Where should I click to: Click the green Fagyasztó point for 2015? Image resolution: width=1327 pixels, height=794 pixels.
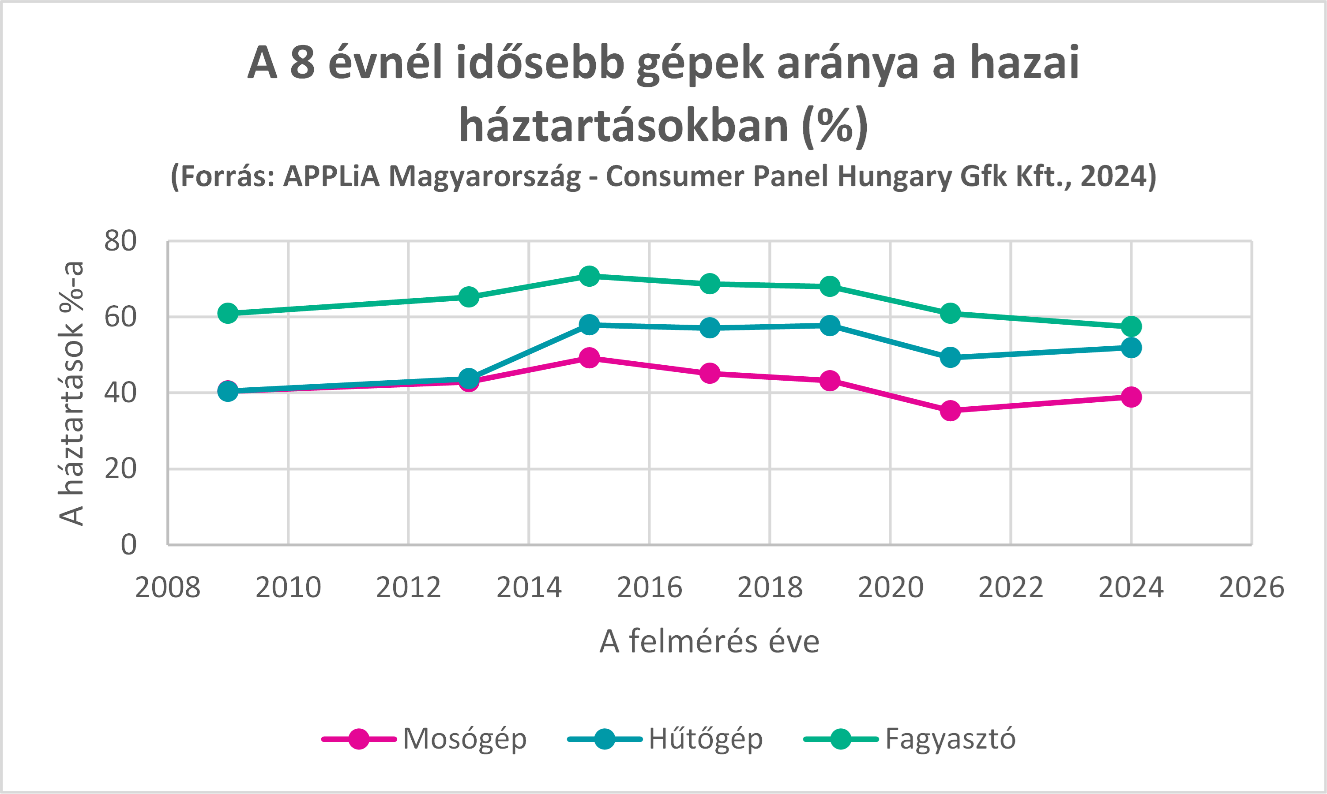(x=589, y=276)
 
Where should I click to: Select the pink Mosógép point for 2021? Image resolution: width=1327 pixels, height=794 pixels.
(x=950, y=410)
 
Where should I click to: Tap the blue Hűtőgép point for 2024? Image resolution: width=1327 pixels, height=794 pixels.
(x=1131, y=348)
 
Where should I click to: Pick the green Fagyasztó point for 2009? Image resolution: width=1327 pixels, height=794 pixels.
(x=228, y=313)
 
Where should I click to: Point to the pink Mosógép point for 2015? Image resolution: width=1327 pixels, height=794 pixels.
(x=589, y=357)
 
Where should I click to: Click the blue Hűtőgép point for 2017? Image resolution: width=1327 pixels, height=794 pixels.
(x=710, y=327)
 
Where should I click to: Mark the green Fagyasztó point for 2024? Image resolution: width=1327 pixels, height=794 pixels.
(x=1131, y=326)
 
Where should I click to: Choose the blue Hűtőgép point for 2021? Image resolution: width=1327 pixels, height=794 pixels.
(x=950, y=357)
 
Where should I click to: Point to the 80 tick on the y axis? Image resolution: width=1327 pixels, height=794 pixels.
(x=120, y=241)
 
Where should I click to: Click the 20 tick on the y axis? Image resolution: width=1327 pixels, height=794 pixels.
(x=120, y=469)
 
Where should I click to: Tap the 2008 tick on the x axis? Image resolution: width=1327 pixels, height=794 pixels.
(x=168, y=588)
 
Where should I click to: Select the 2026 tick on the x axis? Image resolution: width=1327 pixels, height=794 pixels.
(x=1251, y=588)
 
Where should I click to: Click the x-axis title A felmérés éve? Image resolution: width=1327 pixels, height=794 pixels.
(x=709, y=641)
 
